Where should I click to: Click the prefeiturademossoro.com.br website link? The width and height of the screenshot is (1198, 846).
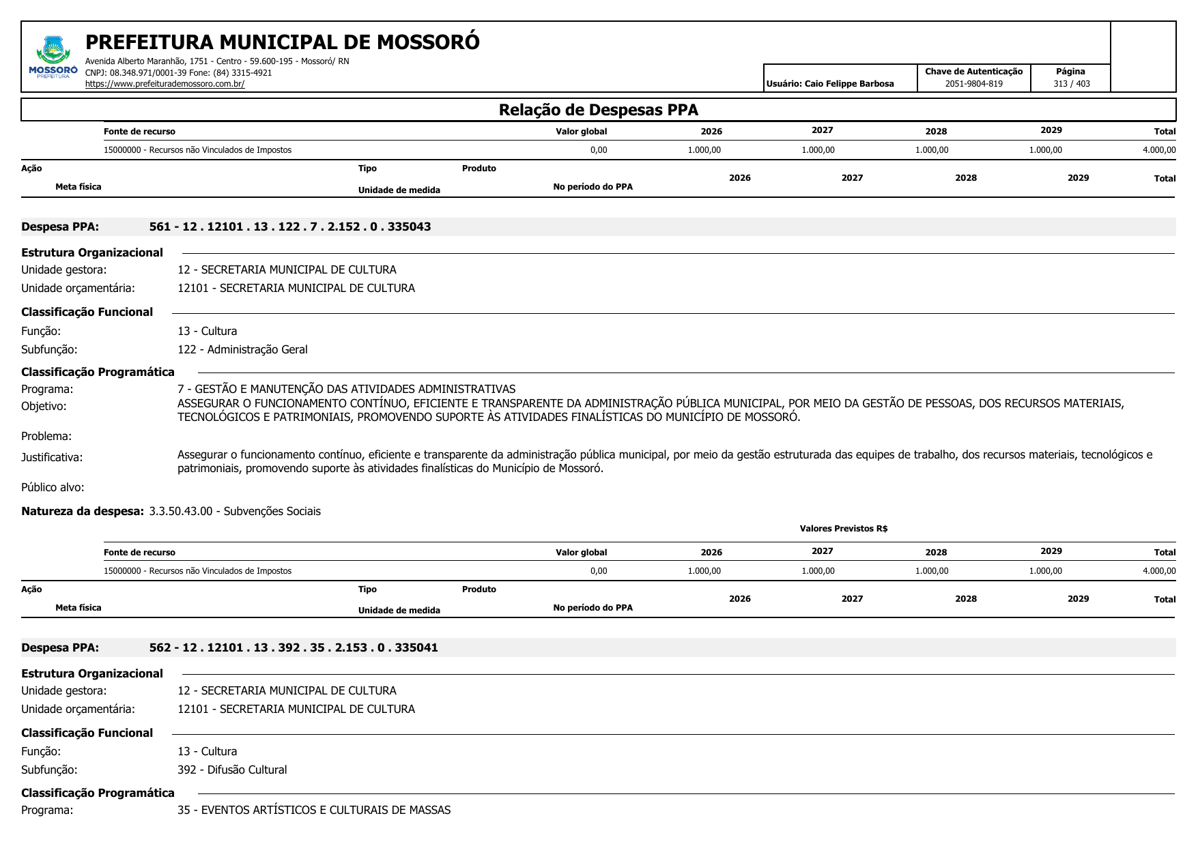click(x=165, y=84)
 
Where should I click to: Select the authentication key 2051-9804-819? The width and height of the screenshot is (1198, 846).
click(x=973, y=84)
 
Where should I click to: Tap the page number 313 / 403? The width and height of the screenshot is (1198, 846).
click(x=1071, y=84)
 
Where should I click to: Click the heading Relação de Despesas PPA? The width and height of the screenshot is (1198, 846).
click(x=598, y=110)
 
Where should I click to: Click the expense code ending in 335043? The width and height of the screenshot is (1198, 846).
click(x=290, y=227)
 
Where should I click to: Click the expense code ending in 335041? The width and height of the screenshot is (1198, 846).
click(x=294, y=647)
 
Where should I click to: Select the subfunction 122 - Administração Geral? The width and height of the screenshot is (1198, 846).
click(x=242, y=349)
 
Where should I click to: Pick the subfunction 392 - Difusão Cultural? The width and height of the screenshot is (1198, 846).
click(x=232, y=770)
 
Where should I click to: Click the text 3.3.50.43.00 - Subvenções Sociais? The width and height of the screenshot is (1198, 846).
click(x=235, y=511)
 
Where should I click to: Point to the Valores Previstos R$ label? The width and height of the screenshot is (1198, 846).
click(x=843, y=528)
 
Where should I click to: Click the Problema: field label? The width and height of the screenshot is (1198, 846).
click(x=46, y=436)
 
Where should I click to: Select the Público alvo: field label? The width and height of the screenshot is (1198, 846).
click(x=53, y=487)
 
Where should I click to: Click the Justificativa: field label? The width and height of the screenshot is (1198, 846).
click(x=52, y=457)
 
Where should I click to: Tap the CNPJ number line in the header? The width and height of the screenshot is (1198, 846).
click(x=178, y=72)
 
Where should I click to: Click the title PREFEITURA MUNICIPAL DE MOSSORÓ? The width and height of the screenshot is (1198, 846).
click(x=282, y=42)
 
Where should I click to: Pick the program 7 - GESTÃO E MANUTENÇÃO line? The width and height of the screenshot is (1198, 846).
click(x=346, y=389)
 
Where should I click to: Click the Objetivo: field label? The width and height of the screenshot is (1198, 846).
click(x=44, y=406)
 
